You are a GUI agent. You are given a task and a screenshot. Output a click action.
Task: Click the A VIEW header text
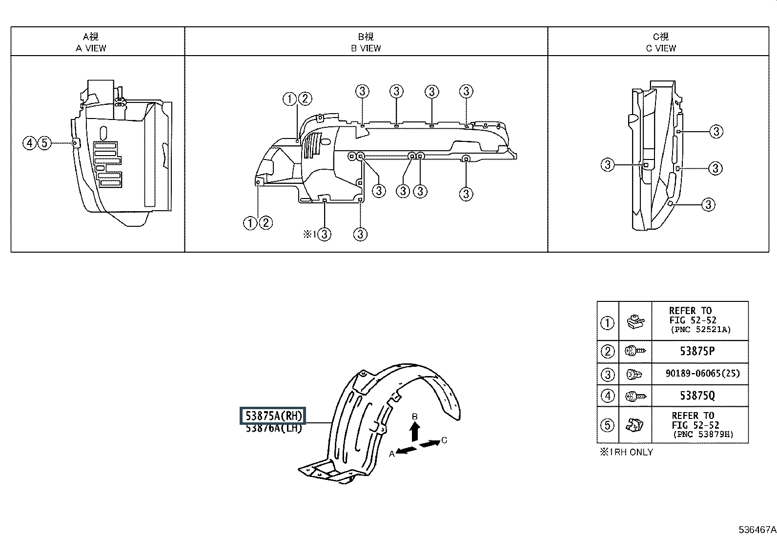coord(91,48)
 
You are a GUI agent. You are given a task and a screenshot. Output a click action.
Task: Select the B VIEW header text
coord(366,48)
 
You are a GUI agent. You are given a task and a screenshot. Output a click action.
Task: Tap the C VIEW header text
coord(661,48)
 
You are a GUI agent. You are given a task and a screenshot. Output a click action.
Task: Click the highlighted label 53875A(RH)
coord(273,416)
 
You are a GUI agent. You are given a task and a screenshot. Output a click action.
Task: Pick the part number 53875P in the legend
coord(697,351)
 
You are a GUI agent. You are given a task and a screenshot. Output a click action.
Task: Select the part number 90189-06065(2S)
coord(702,374)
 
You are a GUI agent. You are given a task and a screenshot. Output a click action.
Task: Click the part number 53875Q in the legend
coord(697,396)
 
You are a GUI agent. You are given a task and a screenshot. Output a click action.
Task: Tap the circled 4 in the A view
coord(29,143)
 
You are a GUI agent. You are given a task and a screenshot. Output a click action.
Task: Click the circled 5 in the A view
coord(44,143)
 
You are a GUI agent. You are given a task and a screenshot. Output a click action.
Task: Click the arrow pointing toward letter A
coord(406,450)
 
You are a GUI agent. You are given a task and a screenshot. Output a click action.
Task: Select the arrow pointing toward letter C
coord(430,443)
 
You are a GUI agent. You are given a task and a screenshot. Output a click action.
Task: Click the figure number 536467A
coord(757,529)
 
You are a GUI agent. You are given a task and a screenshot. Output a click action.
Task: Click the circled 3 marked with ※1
coord(325,235)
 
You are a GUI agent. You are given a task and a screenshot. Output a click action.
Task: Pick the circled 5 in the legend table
coord(607,425)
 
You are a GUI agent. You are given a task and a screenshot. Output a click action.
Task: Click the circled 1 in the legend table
coord(607,323)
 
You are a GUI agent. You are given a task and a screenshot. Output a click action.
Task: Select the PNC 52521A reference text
coord(701,329)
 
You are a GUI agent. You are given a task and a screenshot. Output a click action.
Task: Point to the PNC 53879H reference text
coord(703,435)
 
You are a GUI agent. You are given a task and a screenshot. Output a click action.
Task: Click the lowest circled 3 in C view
coord(708,204)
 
